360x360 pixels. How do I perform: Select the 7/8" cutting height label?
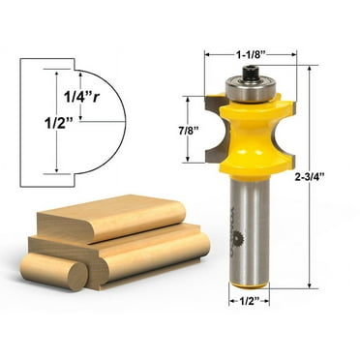point(189,129)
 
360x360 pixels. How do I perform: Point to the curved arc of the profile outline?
point(118,126)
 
